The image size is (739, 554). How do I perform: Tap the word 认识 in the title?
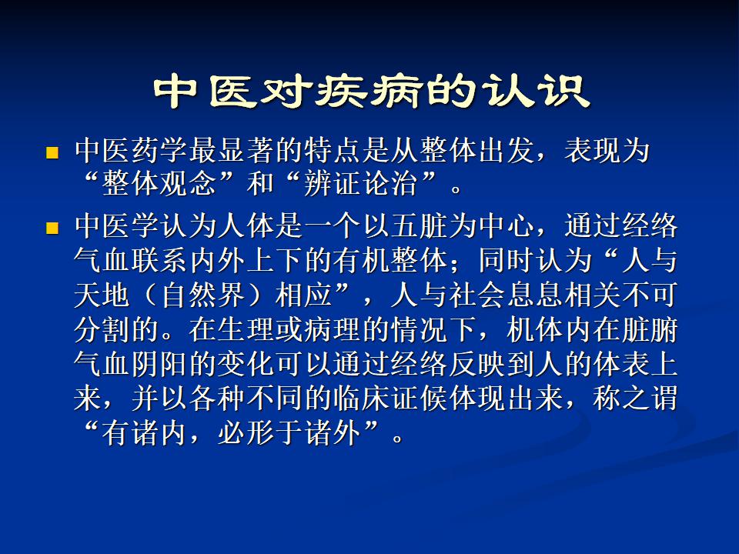[535, 91]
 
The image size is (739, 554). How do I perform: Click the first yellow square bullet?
[52, 152]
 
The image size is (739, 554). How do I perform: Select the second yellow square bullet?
[52, 229]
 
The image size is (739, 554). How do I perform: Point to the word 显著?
[247, 151]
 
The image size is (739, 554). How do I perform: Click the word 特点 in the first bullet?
[333, 151]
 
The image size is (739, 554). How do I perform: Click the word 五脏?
[420, 226]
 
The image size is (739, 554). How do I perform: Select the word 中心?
[507, 226]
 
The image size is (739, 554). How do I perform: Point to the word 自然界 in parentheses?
[203, 295]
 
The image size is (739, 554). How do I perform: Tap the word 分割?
[102, 330]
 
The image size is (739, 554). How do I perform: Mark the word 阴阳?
[160, 364]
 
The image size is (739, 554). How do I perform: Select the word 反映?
[477, 364]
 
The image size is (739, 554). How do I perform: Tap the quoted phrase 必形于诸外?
[289, 433]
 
